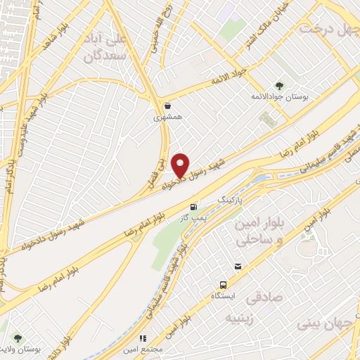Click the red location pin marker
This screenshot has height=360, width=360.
[181, 165]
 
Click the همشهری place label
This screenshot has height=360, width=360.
[167, 118]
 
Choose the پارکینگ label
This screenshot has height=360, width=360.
[232, 200]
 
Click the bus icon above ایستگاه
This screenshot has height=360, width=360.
[222, 285]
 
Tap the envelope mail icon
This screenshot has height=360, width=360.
[238, 266]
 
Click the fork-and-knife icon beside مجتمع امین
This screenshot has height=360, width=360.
[143, 338]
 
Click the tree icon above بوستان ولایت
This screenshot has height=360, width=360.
[18, 338]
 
